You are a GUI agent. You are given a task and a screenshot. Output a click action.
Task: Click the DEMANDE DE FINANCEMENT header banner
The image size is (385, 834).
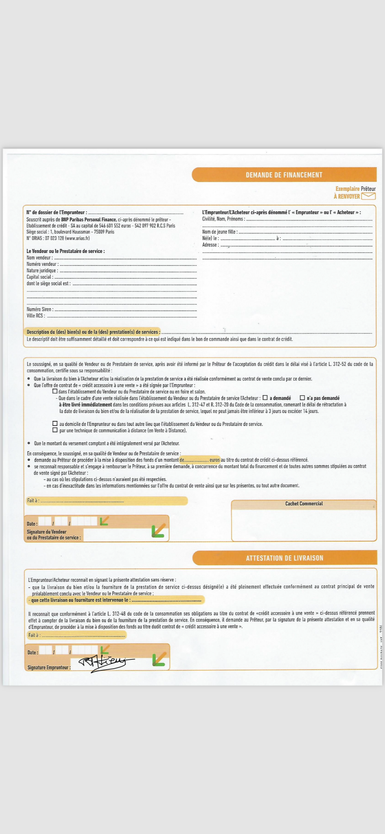(284, 175)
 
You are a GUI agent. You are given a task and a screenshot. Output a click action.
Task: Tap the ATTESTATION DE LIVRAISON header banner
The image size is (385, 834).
(285, 558)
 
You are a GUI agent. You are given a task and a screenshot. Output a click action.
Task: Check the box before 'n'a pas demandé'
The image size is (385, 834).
(302, 398)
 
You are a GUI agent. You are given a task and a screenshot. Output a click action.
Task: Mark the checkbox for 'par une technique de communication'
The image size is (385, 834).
(55, 430)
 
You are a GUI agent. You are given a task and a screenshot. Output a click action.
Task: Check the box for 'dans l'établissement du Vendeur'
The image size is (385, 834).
(55, 391)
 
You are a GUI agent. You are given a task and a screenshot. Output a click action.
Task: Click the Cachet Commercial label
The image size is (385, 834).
(304, 504)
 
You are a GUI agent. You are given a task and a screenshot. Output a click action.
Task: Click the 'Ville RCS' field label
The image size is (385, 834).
(36, 316)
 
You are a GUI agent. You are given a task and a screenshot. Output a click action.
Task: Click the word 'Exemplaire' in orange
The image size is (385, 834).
(347, 189)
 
